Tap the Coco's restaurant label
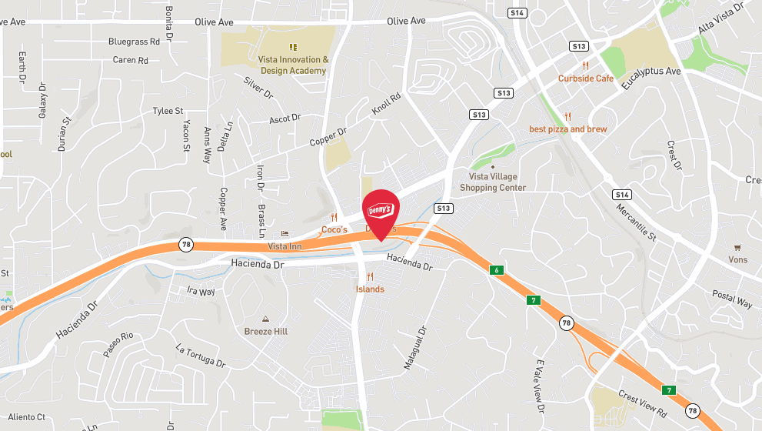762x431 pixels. point(334,229)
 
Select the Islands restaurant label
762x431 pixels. point(370,289)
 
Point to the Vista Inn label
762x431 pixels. point(285,246)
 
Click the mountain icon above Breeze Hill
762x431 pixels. point(265,319)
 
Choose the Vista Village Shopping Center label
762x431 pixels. point(493,182)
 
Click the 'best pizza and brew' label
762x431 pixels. point(567,129)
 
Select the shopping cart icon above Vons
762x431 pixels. point(737,248)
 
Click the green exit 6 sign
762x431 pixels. point(497,270)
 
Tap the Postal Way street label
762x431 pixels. point(731,299)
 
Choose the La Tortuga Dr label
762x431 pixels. point(200,355)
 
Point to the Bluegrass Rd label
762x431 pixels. point(134,42)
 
